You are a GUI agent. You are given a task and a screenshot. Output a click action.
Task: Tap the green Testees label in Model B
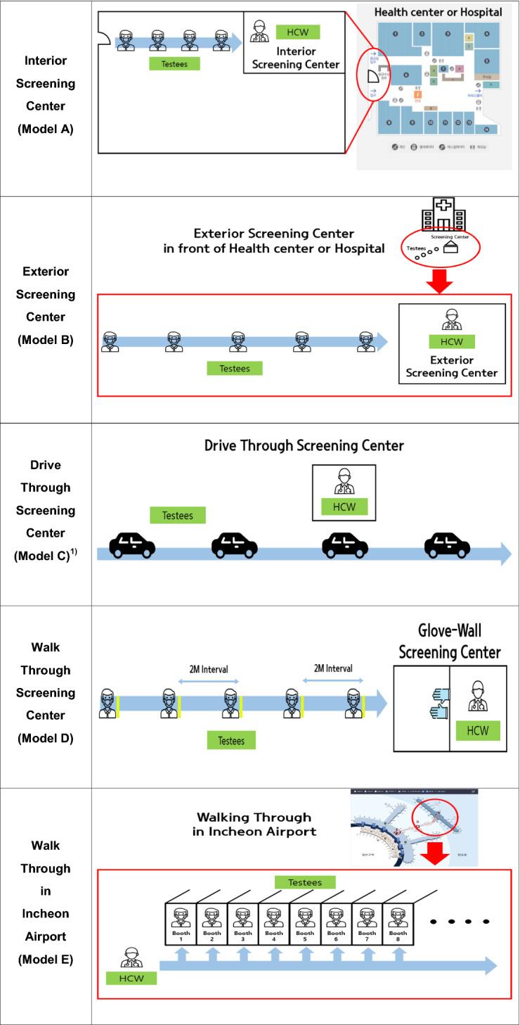click(x=234, y=368)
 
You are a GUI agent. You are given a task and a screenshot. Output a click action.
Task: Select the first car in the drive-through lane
click(x=133, y=545)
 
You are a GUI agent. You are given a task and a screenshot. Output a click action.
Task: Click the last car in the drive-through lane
click(x=448, y=545)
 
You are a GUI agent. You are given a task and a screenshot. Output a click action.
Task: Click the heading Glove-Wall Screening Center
click(x=450, y=642)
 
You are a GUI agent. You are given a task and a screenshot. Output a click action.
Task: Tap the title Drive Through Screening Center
click(x=304, y=446)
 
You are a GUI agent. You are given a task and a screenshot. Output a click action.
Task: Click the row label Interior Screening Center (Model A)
click(x=46, y=94)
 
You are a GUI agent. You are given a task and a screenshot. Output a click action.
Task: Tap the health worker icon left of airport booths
click(x=131, y=958)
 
